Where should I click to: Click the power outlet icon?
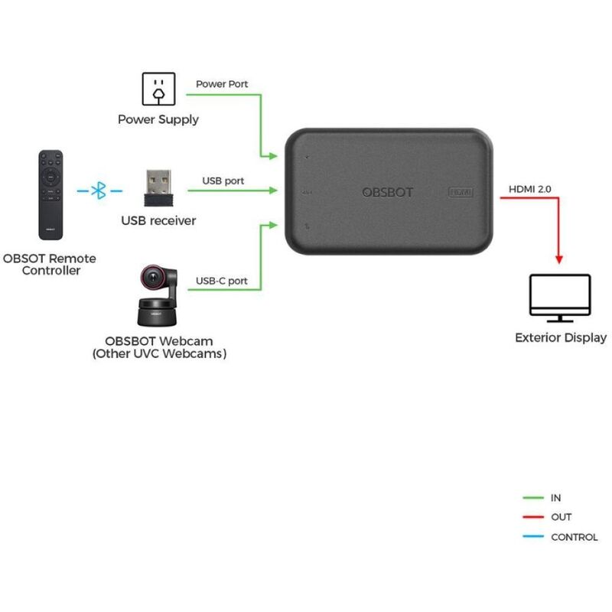(158, 89)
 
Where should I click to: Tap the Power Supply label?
(158, 119)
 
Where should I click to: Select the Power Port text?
(222, 84)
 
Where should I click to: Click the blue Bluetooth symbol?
(98, 191)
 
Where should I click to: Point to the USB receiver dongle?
(158, 187)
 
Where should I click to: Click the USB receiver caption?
(158, 220)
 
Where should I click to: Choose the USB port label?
(223, 181)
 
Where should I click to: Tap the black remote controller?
(51, 194)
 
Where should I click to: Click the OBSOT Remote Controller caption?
(50, 265)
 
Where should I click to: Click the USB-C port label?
(222, 281)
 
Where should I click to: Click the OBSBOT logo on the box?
(387, 192)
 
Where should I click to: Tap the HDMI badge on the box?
(461, 193)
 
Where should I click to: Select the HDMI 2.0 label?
(529, 188)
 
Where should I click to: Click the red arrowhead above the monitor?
(559, 258)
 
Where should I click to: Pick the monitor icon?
(560, 298)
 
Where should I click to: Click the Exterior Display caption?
(561, 337)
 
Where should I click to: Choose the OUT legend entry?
(561, 517)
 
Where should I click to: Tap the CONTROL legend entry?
(574, 537)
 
